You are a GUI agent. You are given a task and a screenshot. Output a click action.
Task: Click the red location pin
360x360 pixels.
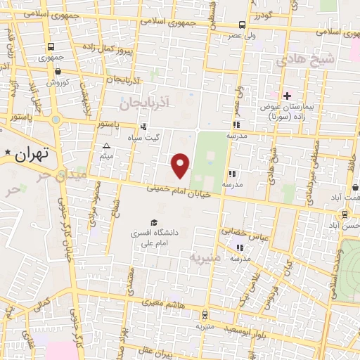coord(181,165)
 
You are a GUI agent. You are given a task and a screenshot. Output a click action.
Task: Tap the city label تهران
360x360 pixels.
coord(33,152)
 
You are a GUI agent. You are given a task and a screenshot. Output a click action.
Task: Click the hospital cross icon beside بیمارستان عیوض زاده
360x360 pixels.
coord(286,95)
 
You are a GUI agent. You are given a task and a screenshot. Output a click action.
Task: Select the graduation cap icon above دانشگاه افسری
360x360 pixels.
coord(153,222)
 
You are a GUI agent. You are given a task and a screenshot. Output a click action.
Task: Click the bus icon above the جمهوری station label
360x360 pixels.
coord(50,46)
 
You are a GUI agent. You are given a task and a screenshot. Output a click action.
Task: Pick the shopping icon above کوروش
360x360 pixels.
coord(57,71)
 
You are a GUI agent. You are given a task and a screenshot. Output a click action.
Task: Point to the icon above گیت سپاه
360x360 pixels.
coord(143,127)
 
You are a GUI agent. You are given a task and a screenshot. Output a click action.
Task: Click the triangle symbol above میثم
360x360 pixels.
coord(106,146)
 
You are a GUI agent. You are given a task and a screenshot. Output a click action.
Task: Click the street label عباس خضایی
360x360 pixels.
coord(241,231)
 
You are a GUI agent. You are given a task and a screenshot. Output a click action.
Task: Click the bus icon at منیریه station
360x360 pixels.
coord(204,315)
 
